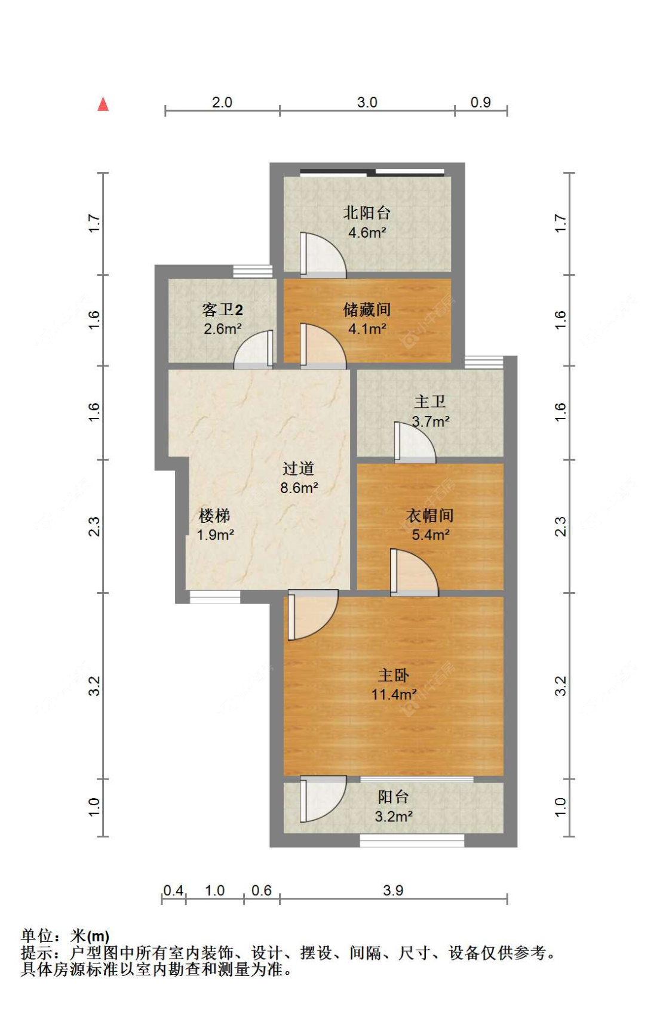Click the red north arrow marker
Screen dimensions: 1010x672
pyautogui.click(x=103, y=104)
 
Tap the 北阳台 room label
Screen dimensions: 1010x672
pyautogui.click(x=367, y=213)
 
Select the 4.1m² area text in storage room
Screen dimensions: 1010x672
pyautogui.click(x=367, y=328)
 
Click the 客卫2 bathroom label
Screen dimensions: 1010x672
pyautogui.click(x=222, y=310)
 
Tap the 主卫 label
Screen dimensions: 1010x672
pyautogui.click(x=429, y=402)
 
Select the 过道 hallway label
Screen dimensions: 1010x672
pyautogui.click(x=298, y=469)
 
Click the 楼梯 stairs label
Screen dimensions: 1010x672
pyautogui.click(x=214, y=515)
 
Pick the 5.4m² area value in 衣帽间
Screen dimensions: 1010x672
pyautogui.click(x=430, y=535)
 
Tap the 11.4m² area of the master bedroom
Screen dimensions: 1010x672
pyautogui.click(x=394, y=694)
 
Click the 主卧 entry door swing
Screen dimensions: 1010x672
pyautogui.click(x=311, y=615)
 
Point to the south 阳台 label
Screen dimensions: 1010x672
pyautogui.click(x=393, y=797)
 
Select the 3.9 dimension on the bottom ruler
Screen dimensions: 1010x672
pyautogui.click(x=393, y=890)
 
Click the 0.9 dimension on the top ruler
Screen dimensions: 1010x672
pyautogui.click(x=480, y=102)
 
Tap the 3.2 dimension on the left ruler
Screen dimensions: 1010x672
pyautogui.click(x=94, y=686)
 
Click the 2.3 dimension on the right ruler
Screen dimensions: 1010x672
pyautogui.click(x=560, y=526)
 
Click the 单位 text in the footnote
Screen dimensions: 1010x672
pyautogui.click(x=36, y=935)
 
